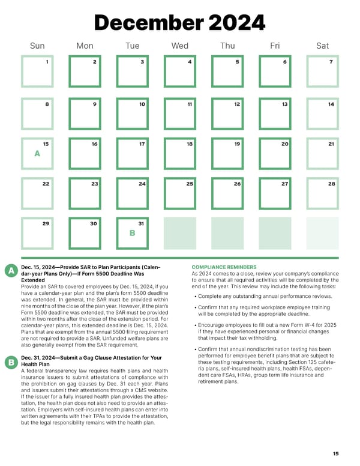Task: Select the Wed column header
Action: [179, 45]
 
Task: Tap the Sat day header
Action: [322, 45]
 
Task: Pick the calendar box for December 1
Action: [37, 71]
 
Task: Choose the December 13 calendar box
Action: [275, 112]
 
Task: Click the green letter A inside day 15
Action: [37, 154]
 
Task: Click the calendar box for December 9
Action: [85, 112]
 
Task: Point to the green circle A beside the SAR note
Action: [10, 271]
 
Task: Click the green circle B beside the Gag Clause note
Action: [10, 362]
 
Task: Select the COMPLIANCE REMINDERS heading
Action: [224, 267]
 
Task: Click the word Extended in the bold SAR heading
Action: [33, 280]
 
